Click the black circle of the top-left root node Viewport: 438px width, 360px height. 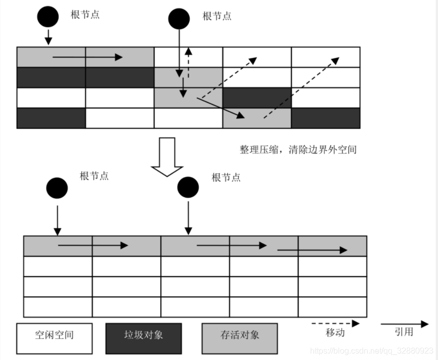pyautogui.click(x=48, y=17)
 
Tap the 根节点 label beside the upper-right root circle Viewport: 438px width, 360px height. pyautogui.click(x=217, y=16)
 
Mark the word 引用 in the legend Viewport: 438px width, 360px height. pyautogui.click(x=404, y=332)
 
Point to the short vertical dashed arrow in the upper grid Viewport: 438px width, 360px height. pyautogui.click(x=188, y=63)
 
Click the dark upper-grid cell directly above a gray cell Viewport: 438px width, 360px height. pyautogui.click(x=257, y=98)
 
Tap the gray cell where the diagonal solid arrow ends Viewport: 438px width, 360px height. pyautogui.click(x=257, y=118)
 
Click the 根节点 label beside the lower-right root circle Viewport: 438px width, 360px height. pyautogui.click(x=226, y=177)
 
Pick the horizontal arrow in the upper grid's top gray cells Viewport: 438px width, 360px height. pyautogui.click(x=87, y=57)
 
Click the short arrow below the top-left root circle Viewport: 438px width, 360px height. pyautogui.click(x=49, y=37)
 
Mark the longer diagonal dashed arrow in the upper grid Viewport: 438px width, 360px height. pyautogui.click(x=301, y=88)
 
